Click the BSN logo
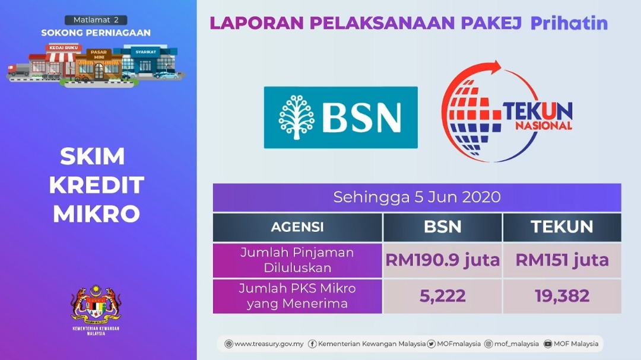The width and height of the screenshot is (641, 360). point(341,117)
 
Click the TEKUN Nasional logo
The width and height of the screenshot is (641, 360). point(507,111)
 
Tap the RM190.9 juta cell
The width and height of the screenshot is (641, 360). point(442,260)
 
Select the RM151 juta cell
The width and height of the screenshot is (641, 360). point(562,260)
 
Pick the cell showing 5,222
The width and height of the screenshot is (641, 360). point(442,297)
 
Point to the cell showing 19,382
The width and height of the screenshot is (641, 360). point(562,297)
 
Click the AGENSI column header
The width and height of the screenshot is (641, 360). point(297,227)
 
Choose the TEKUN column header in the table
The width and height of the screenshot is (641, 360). point(562,227)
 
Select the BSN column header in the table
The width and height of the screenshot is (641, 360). point(442,227)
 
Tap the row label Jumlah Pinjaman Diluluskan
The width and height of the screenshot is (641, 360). point(297,260)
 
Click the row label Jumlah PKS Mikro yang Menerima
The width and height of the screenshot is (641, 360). point(297,297)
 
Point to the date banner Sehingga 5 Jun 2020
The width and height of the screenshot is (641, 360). point(417,197)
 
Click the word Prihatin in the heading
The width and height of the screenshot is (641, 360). point(569,23)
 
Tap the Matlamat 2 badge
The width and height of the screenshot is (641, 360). point(96,20)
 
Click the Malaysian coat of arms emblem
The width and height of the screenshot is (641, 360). point(96,304)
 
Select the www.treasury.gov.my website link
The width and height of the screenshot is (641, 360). point(264,344)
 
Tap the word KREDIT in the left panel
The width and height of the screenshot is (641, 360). point(97,185)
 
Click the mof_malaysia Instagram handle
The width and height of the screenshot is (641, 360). point(512,344)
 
